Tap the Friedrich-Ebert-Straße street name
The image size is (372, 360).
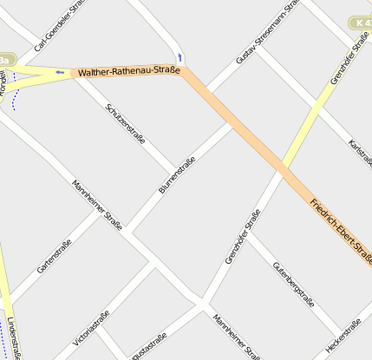coord(341,231)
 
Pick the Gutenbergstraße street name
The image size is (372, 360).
coord(293,284)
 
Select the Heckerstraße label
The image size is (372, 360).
coord(343,336)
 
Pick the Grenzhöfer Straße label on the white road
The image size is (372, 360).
coord(243,238)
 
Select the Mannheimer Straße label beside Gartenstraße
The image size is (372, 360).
coord(97,206)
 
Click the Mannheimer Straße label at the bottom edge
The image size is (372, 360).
coord(236,337)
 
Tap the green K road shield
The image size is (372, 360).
coord(362,22)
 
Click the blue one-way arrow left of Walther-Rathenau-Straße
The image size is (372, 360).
coord(59,72)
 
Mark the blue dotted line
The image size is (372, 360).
coord(14,94)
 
